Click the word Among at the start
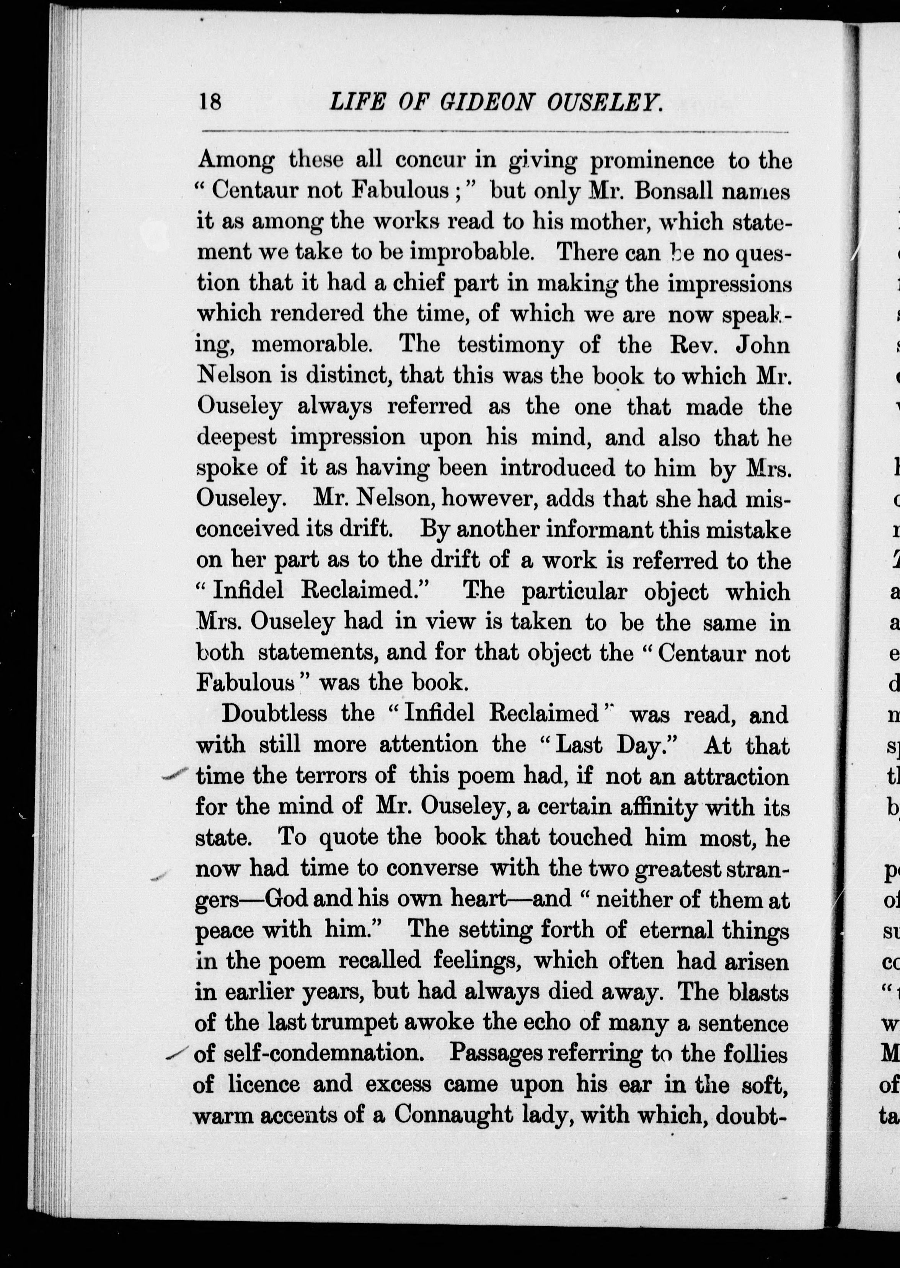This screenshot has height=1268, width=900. pos(236,160)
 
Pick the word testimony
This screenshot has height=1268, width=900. pos(510,345)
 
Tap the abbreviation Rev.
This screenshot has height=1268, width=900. pos(695,345)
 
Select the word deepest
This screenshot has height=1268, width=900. pos(236,438)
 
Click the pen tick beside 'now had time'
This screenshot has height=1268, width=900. pos(159,876)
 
